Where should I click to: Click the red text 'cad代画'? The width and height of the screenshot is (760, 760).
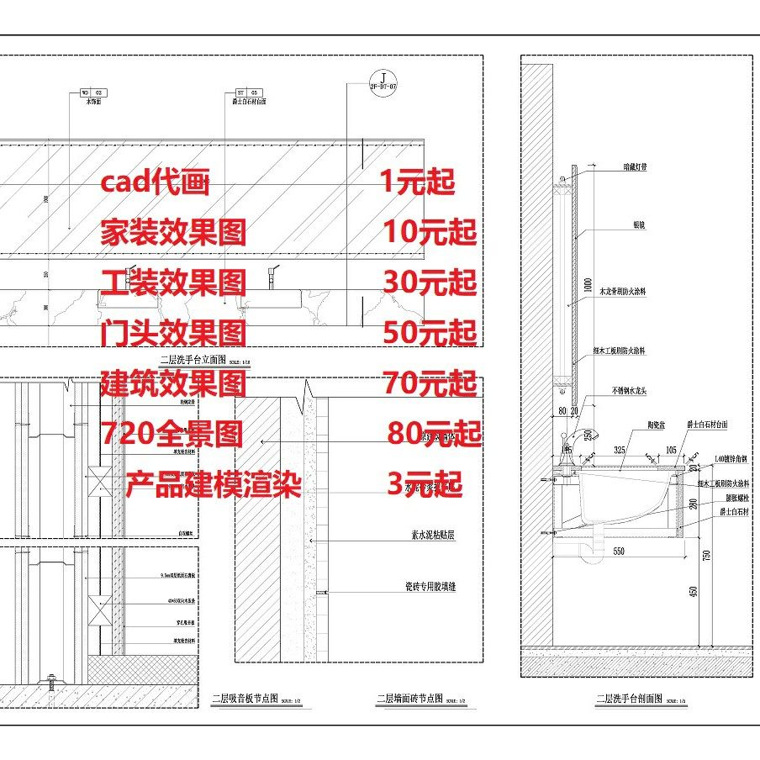pyautogui.click(x=155, y=182)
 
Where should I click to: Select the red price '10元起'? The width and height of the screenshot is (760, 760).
pyautogui.click(x=429, y=232)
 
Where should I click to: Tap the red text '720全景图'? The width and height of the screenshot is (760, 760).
pyautogui.click(x=172, y=435)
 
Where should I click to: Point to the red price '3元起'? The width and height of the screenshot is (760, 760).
pyautogui.click(x=425, y=484)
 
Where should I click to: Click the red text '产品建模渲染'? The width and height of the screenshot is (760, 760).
pyautogui.click(x=214, y=485)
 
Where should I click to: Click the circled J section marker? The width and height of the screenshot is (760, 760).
pyautogui.click(x=383, y=83)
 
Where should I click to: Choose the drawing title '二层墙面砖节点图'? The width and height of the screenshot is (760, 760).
pyautogui.click(x=409, y=698)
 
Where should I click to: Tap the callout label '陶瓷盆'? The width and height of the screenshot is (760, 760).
pyautogui.click(x=646, y=426)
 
